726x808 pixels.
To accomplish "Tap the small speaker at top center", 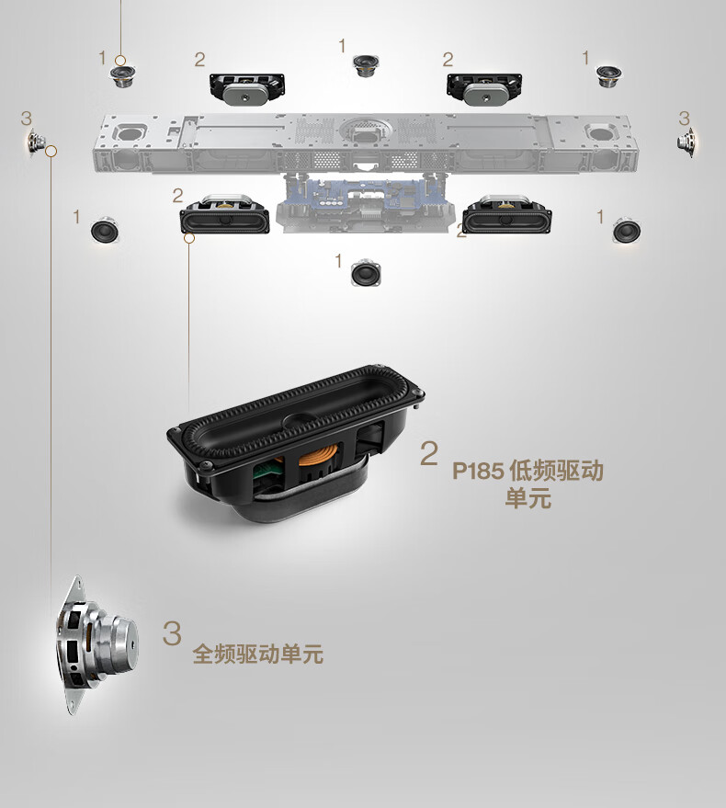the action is pos(367,65).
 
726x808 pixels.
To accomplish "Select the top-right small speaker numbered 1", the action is pos(608,76).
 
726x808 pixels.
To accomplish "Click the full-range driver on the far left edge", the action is pos(36,140).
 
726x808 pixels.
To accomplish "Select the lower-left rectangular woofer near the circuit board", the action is pos(224,214).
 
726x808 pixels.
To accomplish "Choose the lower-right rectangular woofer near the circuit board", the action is pos(506,214).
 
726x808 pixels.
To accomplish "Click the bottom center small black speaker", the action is pos(366,273).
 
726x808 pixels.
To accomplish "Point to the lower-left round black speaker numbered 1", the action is pos(105,230).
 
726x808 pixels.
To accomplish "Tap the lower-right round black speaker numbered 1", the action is pos(627,230).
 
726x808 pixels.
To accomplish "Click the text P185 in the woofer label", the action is pos(478,471).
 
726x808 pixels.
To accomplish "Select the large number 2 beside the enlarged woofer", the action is pos(428,453).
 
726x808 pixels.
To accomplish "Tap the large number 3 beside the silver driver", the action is pos(172,632).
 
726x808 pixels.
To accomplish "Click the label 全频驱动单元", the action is pos(257,654).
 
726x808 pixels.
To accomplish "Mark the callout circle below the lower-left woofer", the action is pos(189,238).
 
